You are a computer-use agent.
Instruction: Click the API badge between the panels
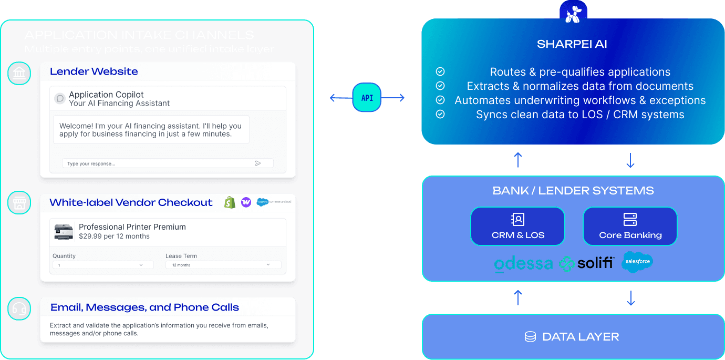[x=367, y=98]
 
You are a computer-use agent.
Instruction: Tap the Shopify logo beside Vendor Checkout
[x=230, y=202]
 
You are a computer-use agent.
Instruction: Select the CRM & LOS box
[x=517, y=227]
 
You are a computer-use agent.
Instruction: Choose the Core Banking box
[x=630, y=227]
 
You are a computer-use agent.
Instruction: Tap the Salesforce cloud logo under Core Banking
[x=637, y=262]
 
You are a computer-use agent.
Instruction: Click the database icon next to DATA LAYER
[x=530, y=337]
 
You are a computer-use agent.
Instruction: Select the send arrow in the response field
[x=258, y=163]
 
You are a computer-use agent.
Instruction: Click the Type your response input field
[x=158, y=163]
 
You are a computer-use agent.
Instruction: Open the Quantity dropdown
[x=103, y=265]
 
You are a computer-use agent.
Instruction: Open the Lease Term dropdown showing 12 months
[x=223, y=265]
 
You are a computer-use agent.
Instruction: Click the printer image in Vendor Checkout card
[x=64, y=232]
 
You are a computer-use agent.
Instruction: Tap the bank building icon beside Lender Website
[x=19, y=73]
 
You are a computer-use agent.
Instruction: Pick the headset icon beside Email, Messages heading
[x=19, y=309]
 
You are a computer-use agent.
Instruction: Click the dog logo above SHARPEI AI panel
[x=573, y=12]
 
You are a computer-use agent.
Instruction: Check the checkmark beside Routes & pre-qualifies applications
[x=440, y=71]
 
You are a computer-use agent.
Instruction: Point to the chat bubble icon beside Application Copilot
[x=60, y=98]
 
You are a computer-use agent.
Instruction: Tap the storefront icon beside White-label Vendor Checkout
[x=19, y=203]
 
